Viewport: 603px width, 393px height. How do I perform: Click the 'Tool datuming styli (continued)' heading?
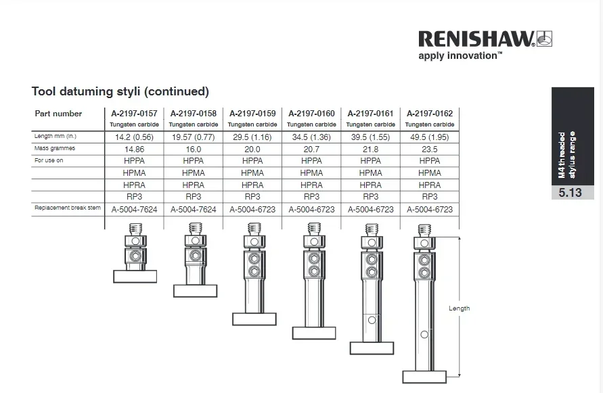[120, 91]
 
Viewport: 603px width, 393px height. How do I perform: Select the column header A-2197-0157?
[134, 113]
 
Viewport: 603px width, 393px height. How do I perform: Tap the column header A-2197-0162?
[429, 113]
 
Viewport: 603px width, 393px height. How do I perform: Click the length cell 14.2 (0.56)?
[134, 137]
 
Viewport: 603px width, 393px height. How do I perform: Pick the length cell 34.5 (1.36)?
[311, 137]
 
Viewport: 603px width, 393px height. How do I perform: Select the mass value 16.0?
[193, 149]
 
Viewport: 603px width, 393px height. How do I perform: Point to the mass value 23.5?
[429, 149]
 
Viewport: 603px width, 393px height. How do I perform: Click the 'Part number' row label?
[58, 114]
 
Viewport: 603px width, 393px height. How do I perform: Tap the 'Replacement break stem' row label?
[68, 208]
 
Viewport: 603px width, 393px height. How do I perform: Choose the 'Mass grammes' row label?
[55, 148]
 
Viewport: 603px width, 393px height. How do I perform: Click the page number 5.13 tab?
[570, 193]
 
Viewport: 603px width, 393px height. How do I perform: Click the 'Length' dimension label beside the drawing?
[459, 308]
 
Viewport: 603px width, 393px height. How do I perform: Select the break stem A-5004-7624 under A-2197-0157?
[134, 210]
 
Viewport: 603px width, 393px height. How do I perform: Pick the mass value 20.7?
[311, 149]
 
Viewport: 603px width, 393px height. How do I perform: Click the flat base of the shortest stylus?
[135, 276]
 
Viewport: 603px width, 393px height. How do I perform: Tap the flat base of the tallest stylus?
[424, 377]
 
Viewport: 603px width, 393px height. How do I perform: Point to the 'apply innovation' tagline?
[460, 55]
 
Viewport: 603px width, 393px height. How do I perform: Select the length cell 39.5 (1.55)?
[370, 137]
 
